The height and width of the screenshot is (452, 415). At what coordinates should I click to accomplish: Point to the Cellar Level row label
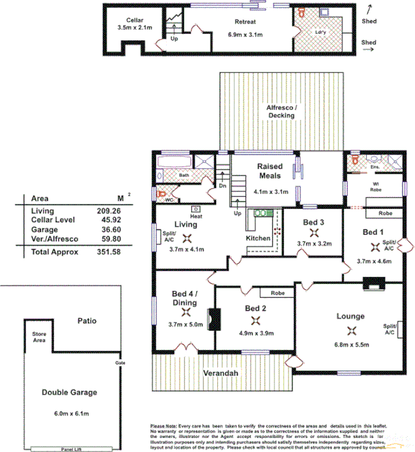(x=52, y=220)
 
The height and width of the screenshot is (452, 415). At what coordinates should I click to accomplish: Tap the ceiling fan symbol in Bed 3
(x=314, y=233)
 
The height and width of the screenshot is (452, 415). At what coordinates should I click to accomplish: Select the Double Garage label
(x=69, y=392)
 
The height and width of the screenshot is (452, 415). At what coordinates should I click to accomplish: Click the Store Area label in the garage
(x=40, y=336)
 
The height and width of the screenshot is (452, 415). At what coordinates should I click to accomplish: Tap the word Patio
(x=87, y=320)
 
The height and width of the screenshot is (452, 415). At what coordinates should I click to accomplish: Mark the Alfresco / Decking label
(x=282, y=111)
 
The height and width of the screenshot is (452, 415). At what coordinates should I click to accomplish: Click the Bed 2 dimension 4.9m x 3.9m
(x=256, y=333)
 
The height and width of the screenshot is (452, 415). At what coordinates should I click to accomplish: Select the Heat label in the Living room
(x=196, y=216)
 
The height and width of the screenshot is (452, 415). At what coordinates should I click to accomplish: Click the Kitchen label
(x=258, y=238)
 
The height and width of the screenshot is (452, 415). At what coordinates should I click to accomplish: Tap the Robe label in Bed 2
(x=277, y=293)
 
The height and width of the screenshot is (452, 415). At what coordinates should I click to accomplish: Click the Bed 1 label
(x=373, y=232)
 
